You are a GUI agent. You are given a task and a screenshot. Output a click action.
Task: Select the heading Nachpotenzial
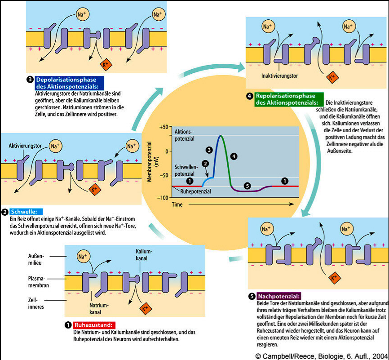pyautogui.click(x=278, y=296)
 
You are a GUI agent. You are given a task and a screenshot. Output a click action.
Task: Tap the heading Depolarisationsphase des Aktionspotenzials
pyautogui.click(x=69, y=83)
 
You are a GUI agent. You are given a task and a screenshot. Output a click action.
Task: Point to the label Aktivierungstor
pyautogui.click(x=26, y=147)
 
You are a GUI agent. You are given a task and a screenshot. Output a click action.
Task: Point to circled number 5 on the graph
pyautogui.click(x=246, y=185)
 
